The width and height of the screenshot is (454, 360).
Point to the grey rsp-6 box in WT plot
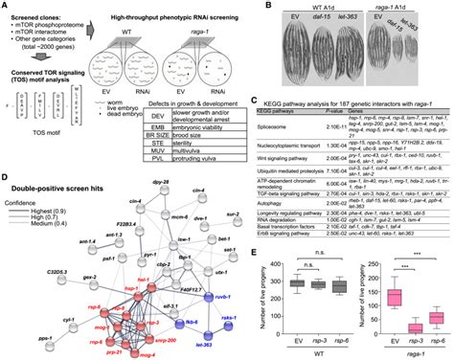pyautogui.click(x=312, y=285)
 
